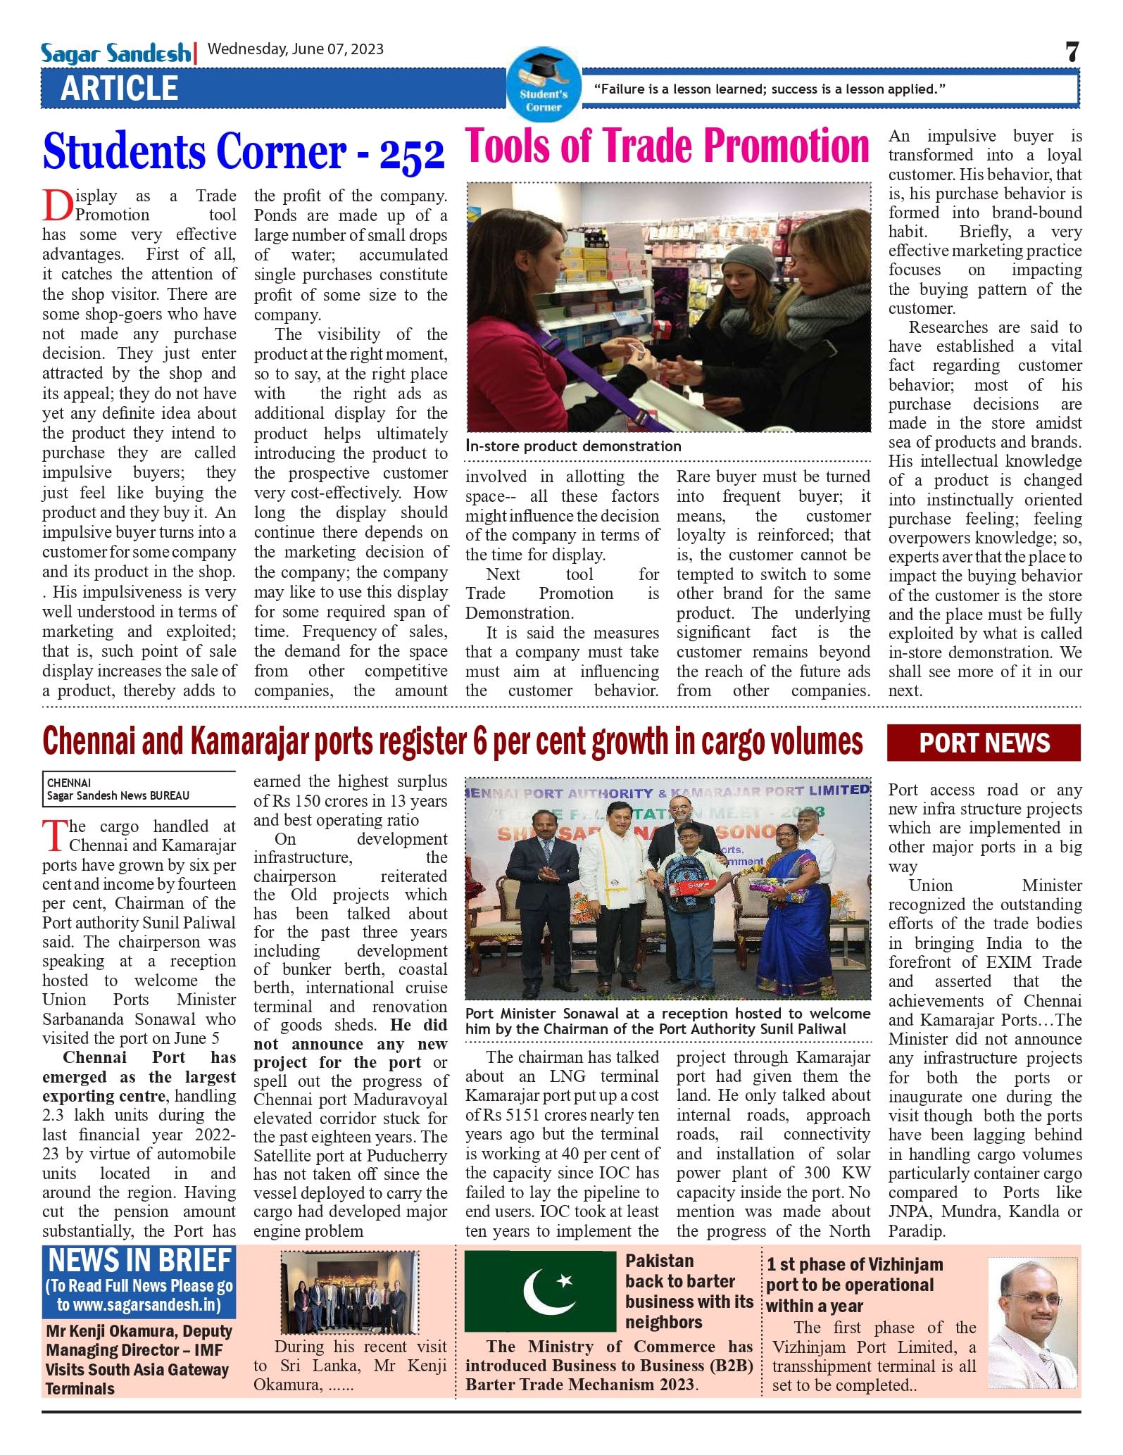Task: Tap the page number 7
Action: click(1072, 52)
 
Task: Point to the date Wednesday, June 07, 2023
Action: click(296, 49)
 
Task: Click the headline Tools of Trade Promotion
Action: click(667, 146)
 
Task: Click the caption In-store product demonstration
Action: click(573, 446)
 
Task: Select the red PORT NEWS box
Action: click(984, 743)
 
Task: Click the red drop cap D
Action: click(57, 206)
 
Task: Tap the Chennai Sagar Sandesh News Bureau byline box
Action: click(139, 789)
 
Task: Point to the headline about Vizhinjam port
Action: click(854, 1285)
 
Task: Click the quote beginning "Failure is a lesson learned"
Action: click(770, 89)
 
